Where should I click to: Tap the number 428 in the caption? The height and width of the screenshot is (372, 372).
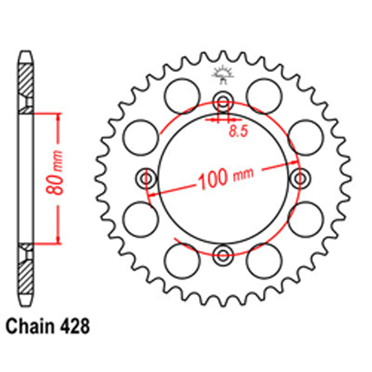pyautogui.click(x=74, y=327)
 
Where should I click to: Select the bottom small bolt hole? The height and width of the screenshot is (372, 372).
pyautogui.click(x=223, y=255)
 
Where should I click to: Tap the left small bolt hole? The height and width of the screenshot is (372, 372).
pyautogui.click(x=146, y=178)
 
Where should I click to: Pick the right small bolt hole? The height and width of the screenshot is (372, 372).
pyautogui.click(x=300, y=178)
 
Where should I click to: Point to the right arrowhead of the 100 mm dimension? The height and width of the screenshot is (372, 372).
pyautogui.click(x=296, y=163)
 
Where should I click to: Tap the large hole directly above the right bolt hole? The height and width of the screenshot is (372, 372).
pyautogui.click(x=306, y=137)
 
